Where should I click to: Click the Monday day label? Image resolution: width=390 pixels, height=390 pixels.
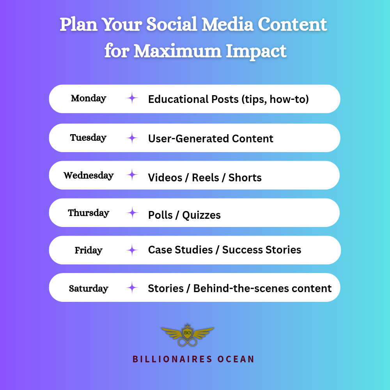point(89,99)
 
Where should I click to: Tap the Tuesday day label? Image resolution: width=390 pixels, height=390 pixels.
point(88,138)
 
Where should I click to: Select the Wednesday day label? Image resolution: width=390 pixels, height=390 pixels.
point(89,175)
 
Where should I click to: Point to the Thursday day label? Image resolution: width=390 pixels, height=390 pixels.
point(89,213)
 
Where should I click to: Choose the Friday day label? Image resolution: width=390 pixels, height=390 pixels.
point(89,250)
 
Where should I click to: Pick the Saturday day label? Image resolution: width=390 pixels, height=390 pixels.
point(89,288)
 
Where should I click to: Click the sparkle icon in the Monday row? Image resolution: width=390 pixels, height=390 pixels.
point(132,98)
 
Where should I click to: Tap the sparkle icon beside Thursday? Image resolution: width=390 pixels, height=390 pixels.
point(132,213)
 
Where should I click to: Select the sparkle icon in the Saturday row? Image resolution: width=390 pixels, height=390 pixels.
point(132,288)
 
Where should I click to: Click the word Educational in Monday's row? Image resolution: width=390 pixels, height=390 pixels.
point(178,99)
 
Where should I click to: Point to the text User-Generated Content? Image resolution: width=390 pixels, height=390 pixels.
point(211,138)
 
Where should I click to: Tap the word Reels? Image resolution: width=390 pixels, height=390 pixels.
point(206,177)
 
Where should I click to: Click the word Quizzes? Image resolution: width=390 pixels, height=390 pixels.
point(202,215)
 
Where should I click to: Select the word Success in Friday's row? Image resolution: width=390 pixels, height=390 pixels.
point(242,250)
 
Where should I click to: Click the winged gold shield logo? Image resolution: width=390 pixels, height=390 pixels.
point(188,335)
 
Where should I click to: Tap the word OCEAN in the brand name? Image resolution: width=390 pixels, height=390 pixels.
point(236,359)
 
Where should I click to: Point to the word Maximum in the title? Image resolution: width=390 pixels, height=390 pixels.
point(177,51)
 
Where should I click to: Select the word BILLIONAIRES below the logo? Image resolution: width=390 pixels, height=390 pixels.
point(172,359)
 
